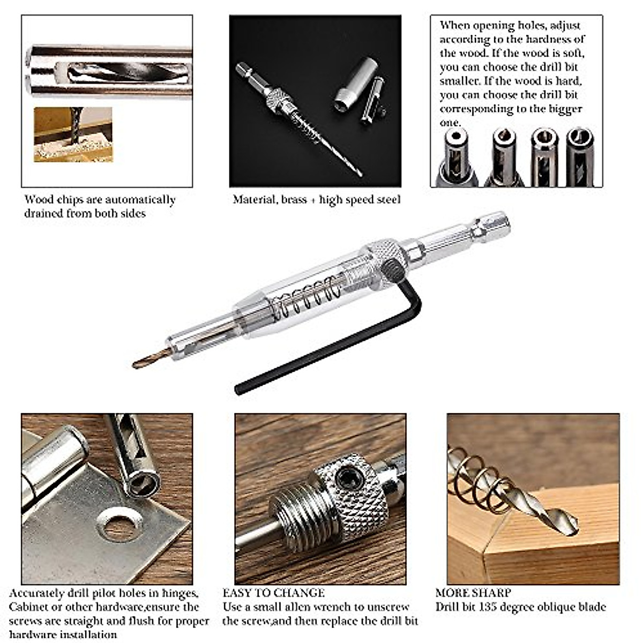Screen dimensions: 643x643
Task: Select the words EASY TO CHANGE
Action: [273, 593]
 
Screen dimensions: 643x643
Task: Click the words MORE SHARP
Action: [473, 593]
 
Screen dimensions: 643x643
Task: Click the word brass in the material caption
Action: [294, 200]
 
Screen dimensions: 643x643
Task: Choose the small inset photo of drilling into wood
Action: [73, 134]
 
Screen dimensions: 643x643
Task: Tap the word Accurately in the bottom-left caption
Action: [37, 593]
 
